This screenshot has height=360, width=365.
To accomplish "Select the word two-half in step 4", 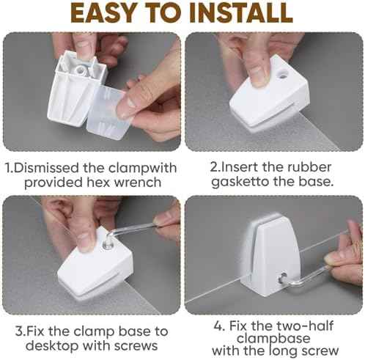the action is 305,326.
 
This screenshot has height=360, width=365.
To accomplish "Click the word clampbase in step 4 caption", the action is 273,339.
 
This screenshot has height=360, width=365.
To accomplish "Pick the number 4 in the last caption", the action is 218,326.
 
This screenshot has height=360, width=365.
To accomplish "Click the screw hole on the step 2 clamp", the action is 283,74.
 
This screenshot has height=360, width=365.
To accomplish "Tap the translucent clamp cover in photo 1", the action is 108,112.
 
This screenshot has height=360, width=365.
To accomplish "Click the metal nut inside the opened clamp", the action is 81,70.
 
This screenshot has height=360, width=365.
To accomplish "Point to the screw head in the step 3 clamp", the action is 106,245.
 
